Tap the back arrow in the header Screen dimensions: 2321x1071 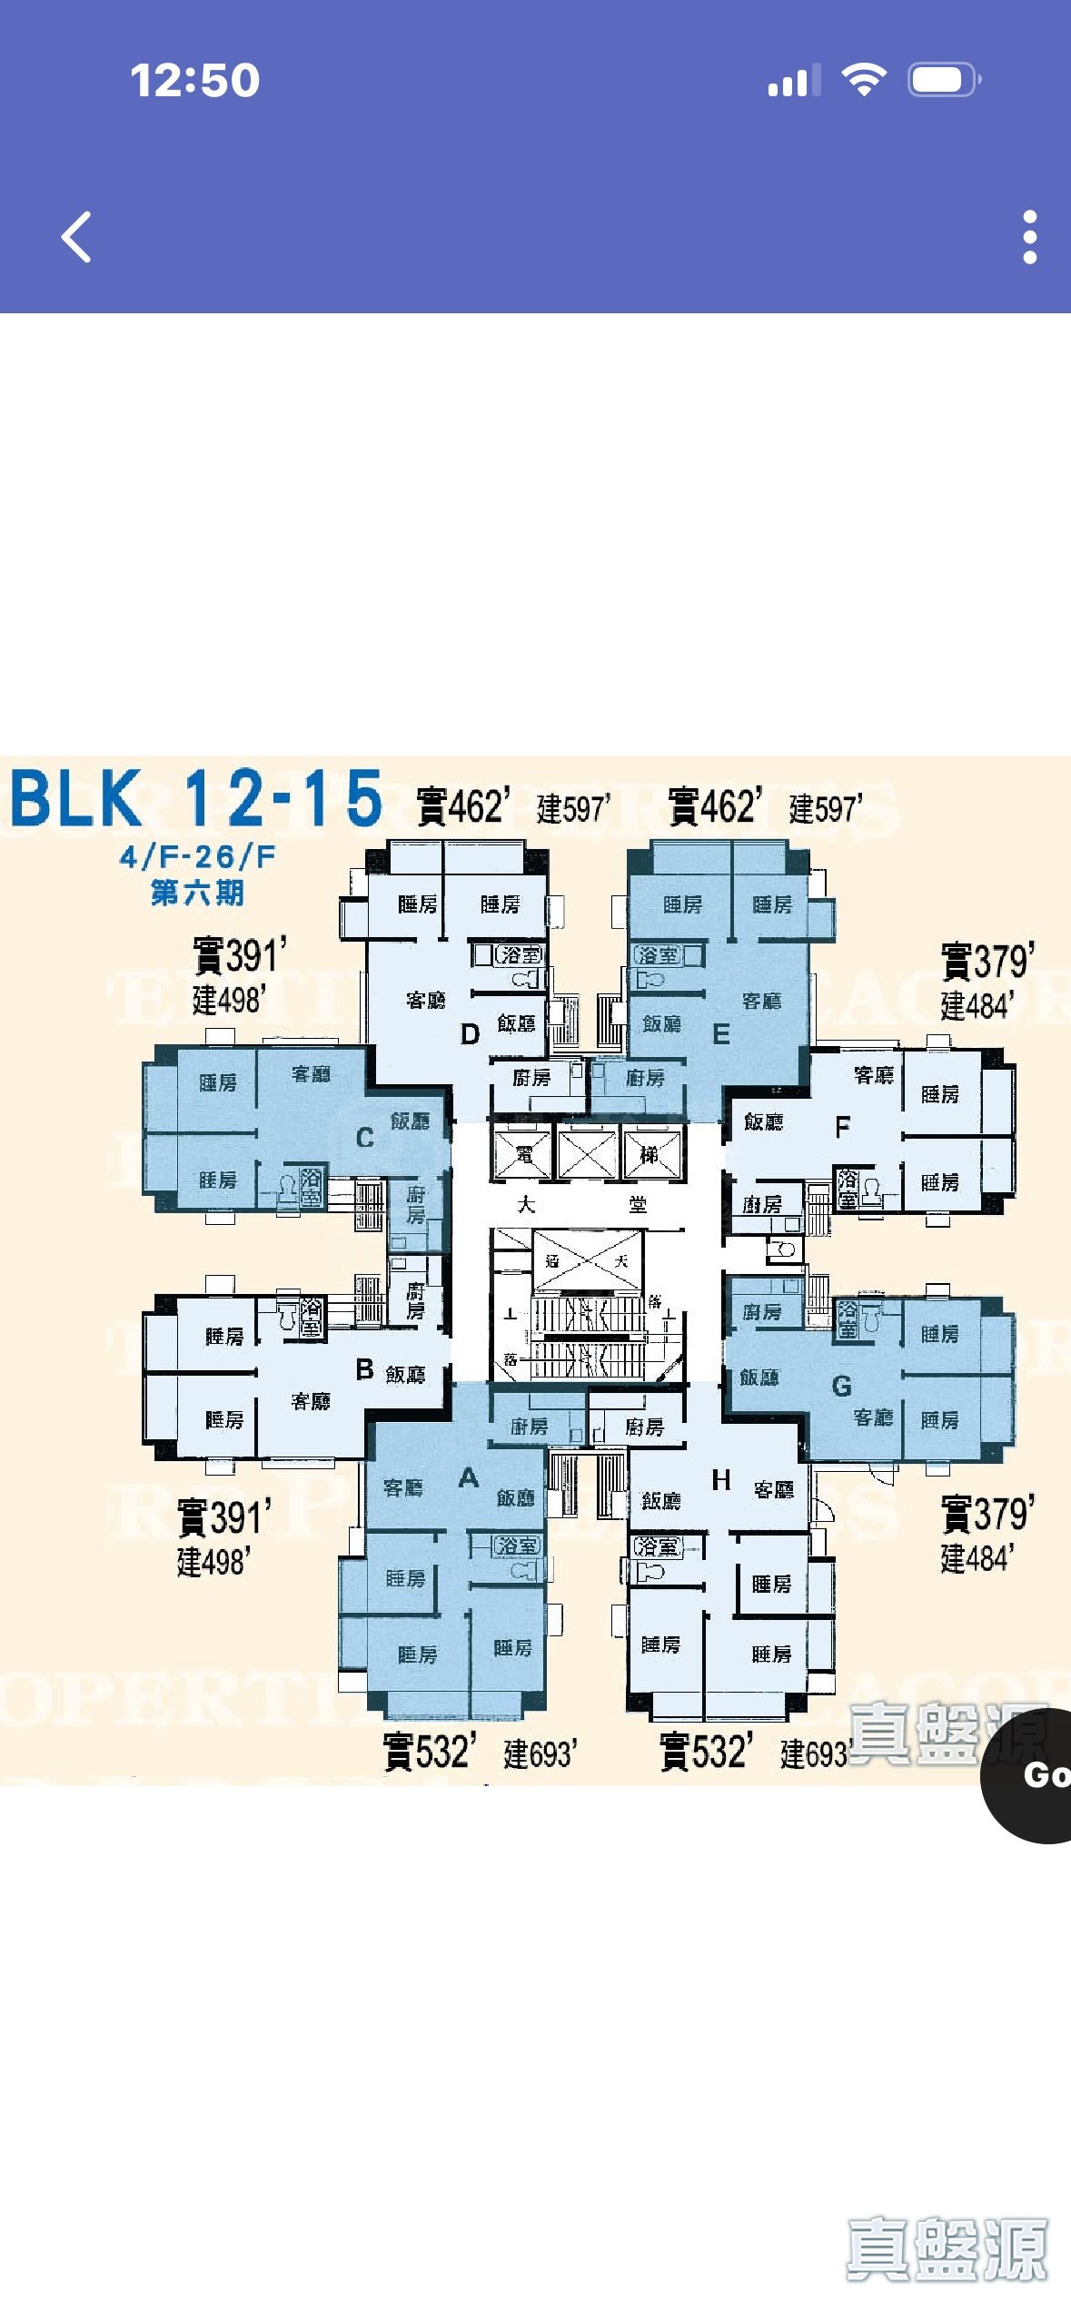click(x=76, y=237)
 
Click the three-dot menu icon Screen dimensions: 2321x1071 click(x=1029, y=237)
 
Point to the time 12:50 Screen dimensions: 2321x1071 click(x=194, y=80)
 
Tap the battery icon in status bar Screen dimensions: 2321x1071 click(x=943, y=80)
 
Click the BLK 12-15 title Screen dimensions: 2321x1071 click(x=195, y=798)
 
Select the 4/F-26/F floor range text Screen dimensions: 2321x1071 click(x=197, y=856)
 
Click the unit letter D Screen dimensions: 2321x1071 click(x=470, y=1034)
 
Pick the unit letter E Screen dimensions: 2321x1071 click(x=721, y=1034)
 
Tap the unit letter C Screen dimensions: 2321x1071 click(x=365, y=1138)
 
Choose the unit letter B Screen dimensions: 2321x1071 click(x=365, y=1369)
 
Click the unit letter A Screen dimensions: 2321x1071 click(x=469, y=1477)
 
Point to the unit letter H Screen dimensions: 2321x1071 click(x=721, y=1480)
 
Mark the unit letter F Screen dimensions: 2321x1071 click(x=843, y=1127)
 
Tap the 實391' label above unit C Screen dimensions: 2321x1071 click(x=239, y=956)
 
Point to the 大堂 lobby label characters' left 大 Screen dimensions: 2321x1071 click(x=527, y=1205)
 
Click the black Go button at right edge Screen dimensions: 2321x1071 click(x=1036, y=1774)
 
